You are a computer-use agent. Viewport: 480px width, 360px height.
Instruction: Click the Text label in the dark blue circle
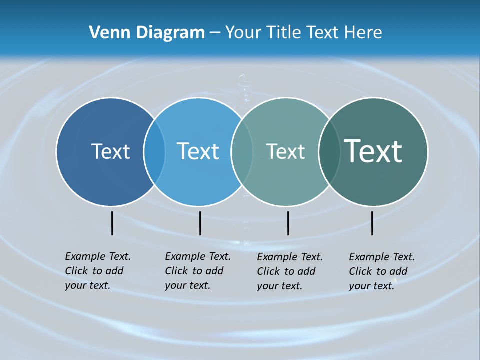(x=110, y=151)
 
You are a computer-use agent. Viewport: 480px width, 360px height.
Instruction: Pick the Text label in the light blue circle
(x=198, y=151)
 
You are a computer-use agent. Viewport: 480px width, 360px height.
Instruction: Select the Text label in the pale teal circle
(x=285, y=151)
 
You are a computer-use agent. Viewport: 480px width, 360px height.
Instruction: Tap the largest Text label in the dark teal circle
(x=373, y=151)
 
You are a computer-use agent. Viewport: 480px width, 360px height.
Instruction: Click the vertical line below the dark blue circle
(x=112, y=223)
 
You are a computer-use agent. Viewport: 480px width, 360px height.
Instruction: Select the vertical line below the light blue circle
(x=200, y=223)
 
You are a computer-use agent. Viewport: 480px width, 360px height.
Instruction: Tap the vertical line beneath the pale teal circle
(x=288, y=223)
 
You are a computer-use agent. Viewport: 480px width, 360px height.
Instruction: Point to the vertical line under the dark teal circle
(x=372, y=223)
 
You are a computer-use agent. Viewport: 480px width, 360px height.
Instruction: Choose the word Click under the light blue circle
(x=176, y=271)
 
